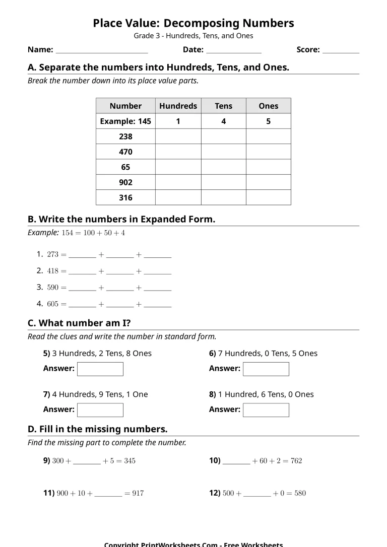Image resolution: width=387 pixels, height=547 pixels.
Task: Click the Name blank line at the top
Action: [x=101, y=52]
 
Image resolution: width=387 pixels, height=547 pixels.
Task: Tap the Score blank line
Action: [x=341, y=52]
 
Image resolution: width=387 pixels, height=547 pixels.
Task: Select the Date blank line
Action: [x=234, y=52]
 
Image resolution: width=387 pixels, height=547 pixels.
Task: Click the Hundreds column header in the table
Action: [x=178, y=106]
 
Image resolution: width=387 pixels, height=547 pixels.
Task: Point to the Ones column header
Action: [x=268, y=106]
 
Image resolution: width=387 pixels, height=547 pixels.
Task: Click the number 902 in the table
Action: [x=125, y=182]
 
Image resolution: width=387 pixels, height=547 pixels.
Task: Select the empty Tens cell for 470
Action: [x=223, y=152]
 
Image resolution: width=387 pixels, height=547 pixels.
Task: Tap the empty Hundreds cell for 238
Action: [x=178, y=136]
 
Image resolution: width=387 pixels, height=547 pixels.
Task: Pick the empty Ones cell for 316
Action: [x=268, y=197]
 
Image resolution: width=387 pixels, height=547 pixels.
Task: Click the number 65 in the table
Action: [x=125, y=167]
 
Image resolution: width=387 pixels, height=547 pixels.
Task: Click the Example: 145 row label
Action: [x=125, y=121]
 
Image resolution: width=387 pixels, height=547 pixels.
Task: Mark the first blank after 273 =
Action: [x=82, y=256]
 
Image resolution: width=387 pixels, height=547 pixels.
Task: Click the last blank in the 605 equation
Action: [x=158, y=306]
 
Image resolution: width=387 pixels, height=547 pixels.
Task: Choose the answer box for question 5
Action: [x=100, y=369]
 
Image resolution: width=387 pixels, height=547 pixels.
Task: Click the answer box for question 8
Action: [x=266, y=410]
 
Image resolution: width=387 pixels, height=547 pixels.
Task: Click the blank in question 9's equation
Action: [x=87, y=462]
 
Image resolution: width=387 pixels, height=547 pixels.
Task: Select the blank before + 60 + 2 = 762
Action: [x=236, y=462]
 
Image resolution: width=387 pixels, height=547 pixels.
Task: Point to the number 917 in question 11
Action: [x=138, y=494]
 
